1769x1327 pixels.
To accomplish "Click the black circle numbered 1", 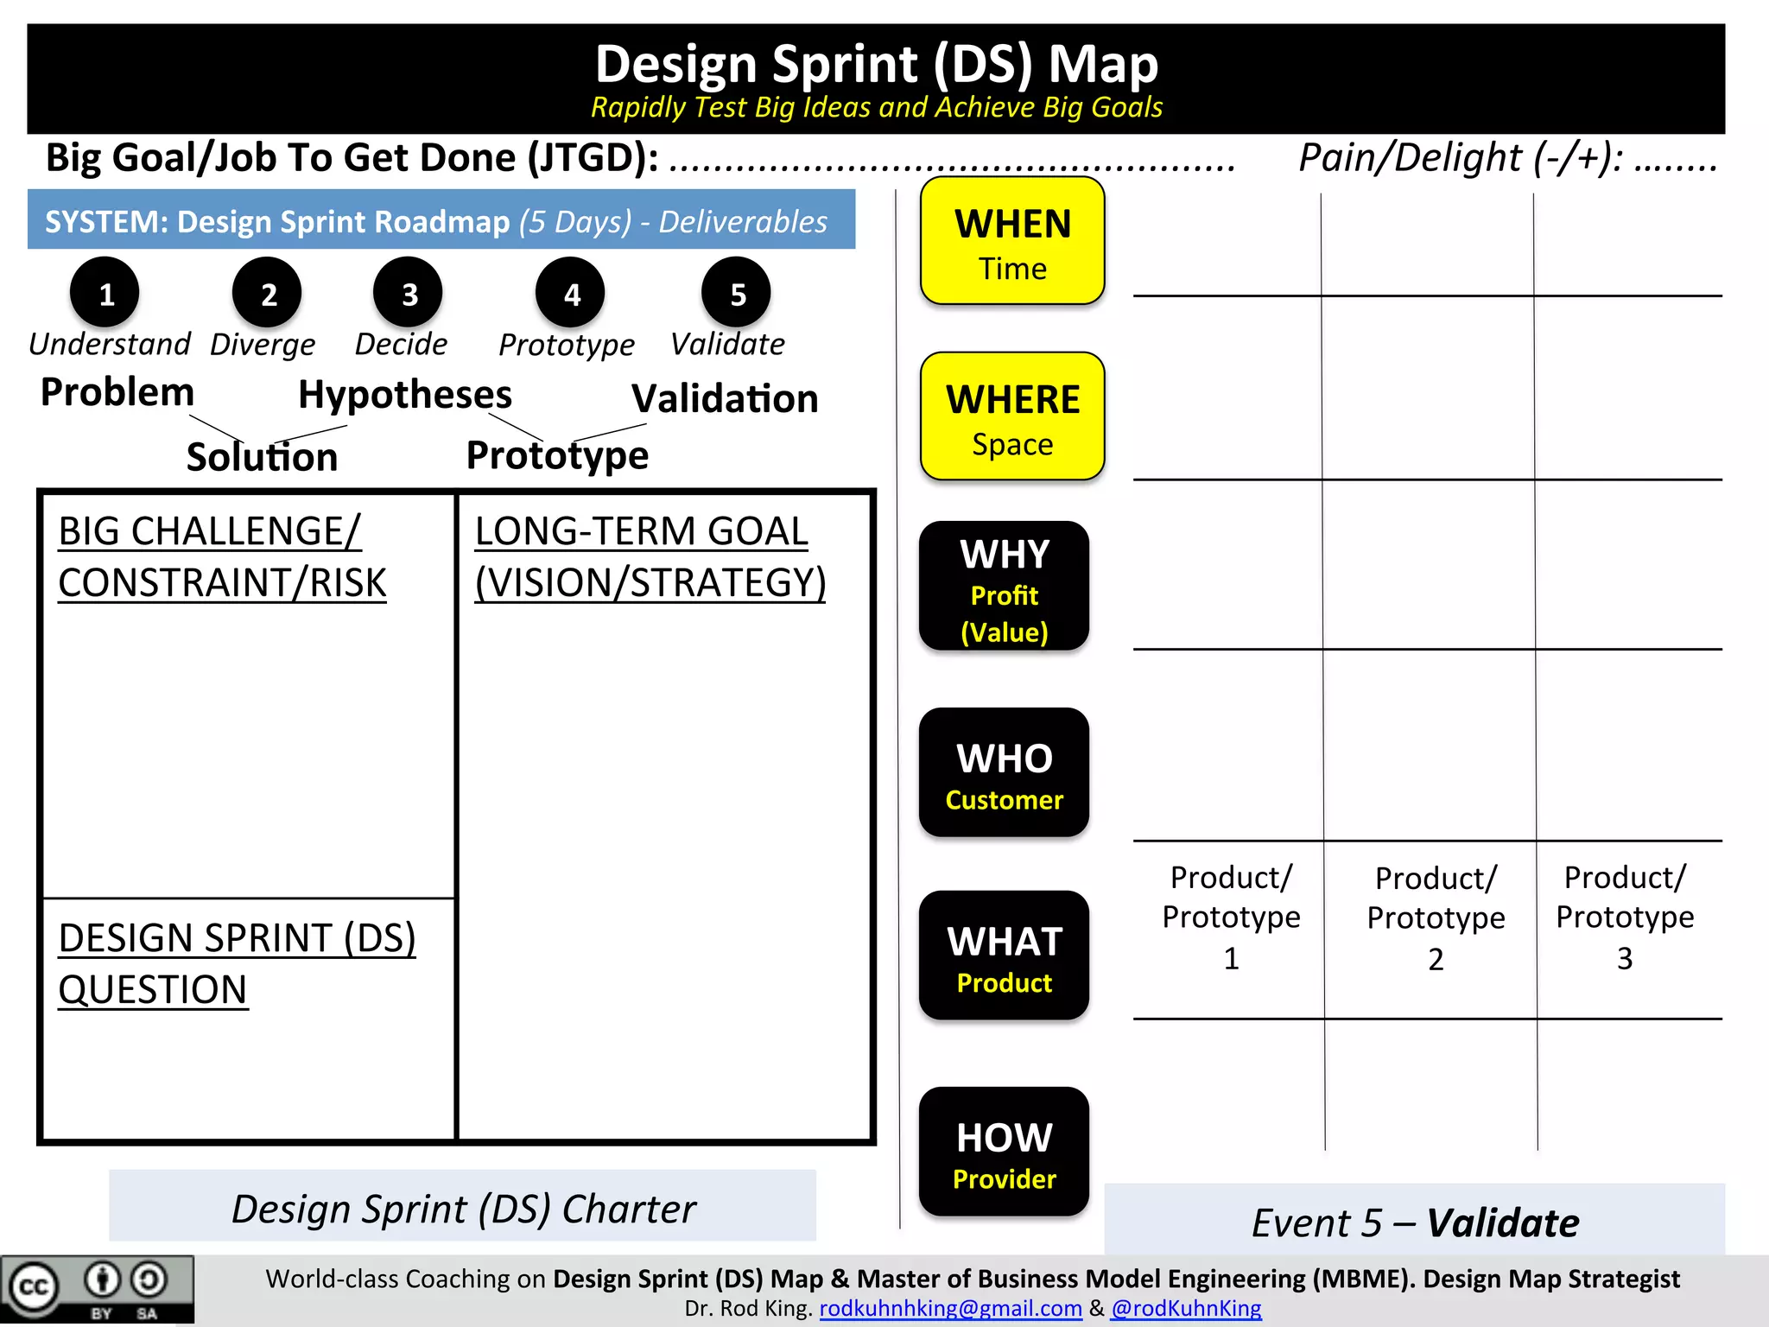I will tap(105, 294).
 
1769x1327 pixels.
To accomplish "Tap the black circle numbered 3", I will tap(409, 294).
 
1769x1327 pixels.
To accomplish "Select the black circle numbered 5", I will tap(737, 294).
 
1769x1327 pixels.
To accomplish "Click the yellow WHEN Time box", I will tap(1012, 242).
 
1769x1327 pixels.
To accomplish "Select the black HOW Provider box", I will tap(1004, 1152).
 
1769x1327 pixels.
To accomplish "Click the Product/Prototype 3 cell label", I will tap(1625, 917).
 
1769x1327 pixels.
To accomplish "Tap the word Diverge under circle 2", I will tap(263, 345).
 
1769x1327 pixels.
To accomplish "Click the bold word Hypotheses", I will tap(405, 395).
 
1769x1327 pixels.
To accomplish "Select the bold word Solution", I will tap(262, 457).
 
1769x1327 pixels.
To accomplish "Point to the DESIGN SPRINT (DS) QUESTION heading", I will tap(237, 963).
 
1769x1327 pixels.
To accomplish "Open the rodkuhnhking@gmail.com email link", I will tap(950, 1309).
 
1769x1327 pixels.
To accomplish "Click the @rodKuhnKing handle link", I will tap(1186, 1309).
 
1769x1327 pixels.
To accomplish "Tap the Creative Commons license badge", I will tap(97, 1289).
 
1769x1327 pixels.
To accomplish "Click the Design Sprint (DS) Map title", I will tap(876, 65).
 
